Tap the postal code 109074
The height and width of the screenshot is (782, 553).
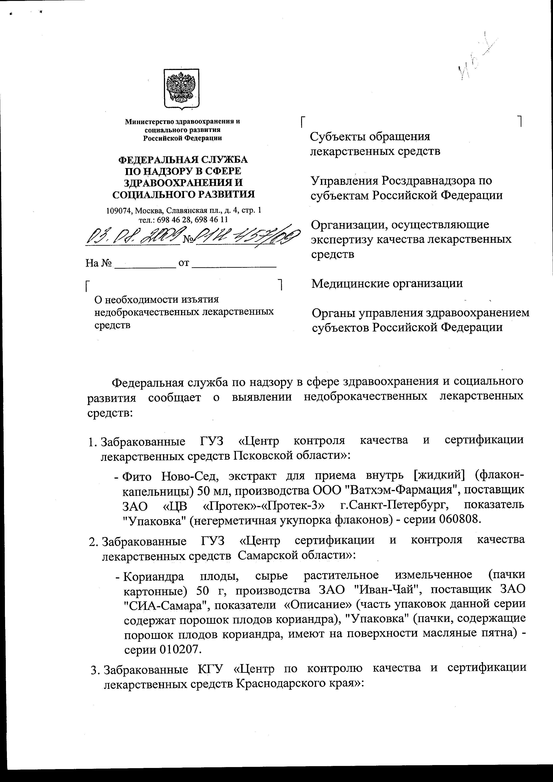tap(117, 211)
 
